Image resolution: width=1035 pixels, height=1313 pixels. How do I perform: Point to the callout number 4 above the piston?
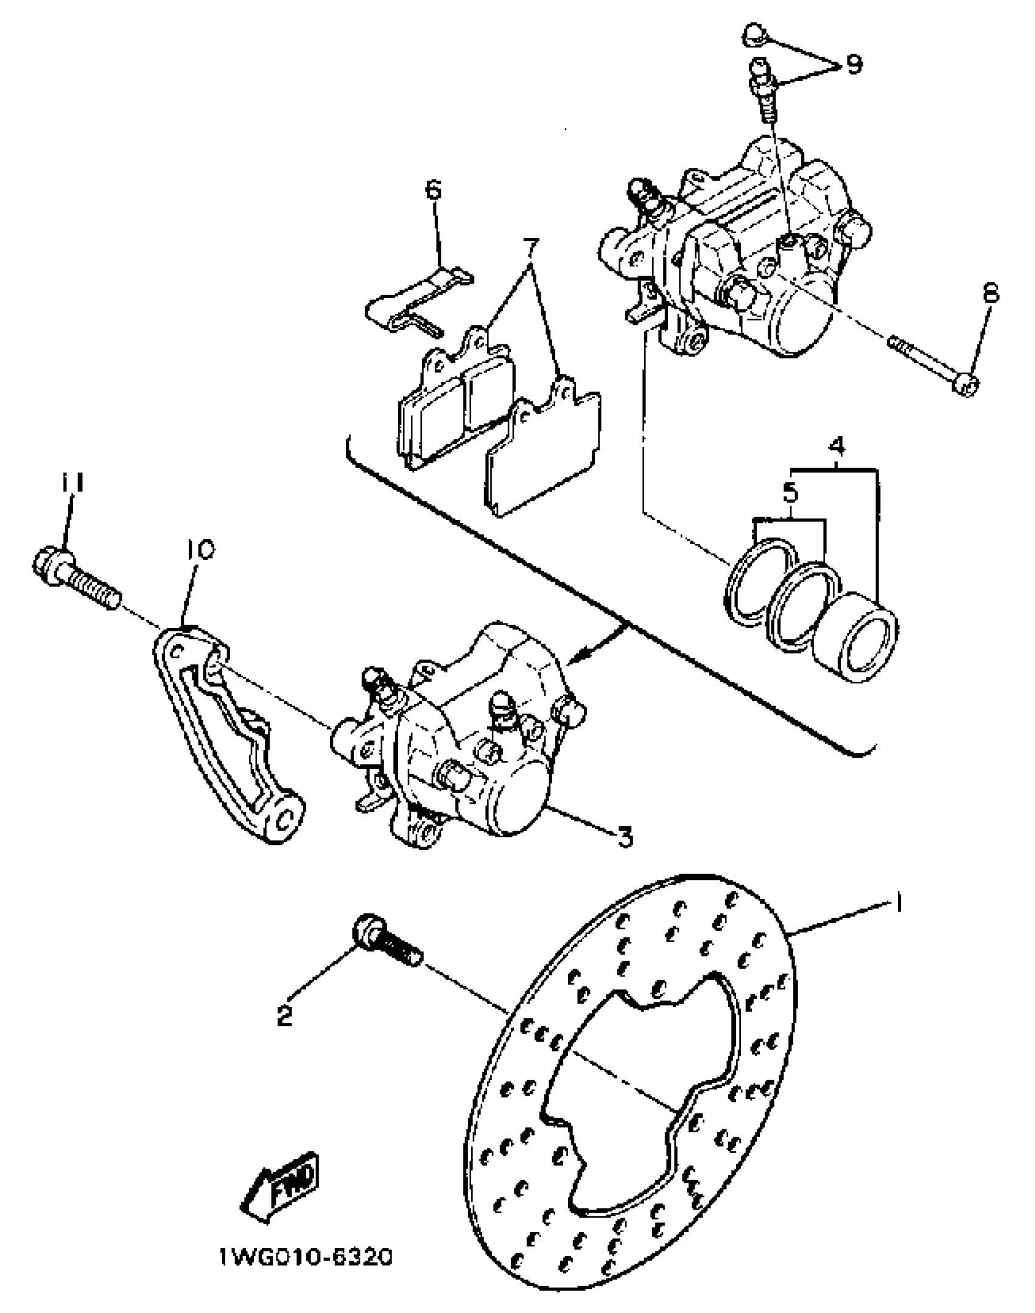837,447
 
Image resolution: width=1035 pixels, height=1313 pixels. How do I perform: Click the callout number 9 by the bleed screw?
854,63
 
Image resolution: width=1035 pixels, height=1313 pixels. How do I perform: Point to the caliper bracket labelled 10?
225,736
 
